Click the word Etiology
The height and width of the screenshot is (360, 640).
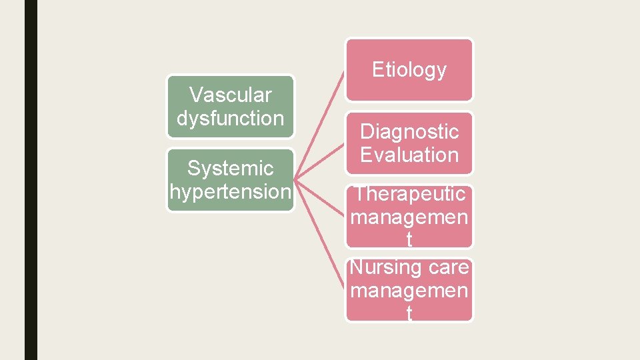point(409,69)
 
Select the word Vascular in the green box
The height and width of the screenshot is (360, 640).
point(230,95)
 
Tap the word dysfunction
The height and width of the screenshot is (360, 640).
point(230,119)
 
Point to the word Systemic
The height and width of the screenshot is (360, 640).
point(230,169)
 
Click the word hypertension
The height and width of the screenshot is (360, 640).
point(230,192)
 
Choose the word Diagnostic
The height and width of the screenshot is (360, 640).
point(409,131)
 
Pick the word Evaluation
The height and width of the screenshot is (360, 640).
point(409,155)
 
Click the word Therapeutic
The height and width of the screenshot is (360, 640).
point(409,194)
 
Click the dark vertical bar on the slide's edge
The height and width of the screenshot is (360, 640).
point(31,180)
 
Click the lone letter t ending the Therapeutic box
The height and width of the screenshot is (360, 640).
point(409,240)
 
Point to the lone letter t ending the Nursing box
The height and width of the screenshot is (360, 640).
point(409,313)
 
